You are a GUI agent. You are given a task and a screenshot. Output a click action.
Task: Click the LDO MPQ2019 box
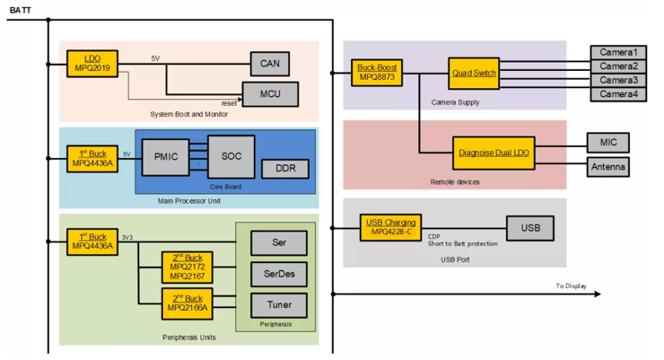coord(92,64)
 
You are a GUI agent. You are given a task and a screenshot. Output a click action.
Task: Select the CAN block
coord(270,64)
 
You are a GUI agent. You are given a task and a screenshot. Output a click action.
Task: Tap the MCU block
coord(270,94)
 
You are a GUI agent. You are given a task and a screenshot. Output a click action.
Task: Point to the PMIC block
coord(166,157)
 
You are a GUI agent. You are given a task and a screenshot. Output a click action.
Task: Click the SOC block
coord(232,157)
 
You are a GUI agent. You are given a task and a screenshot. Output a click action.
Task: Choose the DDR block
coord(285,169)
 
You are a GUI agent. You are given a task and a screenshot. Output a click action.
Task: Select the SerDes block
coord(279,274)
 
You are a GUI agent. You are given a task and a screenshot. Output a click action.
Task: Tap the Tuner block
coord(279,305)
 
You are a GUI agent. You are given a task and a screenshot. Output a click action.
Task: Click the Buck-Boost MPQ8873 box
coord(377,73)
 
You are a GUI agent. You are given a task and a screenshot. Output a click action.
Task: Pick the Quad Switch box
coord(474,74)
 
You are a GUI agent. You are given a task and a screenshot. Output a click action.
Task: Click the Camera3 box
coord(618,80)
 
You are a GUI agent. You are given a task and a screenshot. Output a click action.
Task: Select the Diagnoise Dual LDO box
coord(494,153)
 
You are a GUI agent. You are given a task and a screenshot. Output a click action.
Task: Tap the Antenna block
coord(608,167)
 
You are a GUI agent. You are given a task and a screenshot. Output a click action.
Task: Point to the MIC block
coord(608,143)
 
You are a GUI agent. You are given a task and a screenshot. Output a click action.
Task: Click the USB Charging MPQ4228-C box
coord(390,227)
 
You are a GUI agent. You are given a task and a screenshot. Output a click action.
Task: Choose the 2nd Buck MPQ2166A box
coord(188,303)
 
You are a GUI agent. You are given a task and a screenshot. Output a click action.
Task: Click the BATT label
coord(20,10)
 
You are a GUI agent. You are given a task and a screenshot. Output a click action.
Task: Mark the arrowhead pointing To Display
coord(598,294)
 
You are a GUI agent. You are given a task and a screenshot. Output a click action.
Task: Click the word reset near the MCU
coord(229,103)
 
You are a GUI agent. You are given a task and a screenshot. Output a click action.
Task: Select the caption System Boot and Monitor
coord(188,114)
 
